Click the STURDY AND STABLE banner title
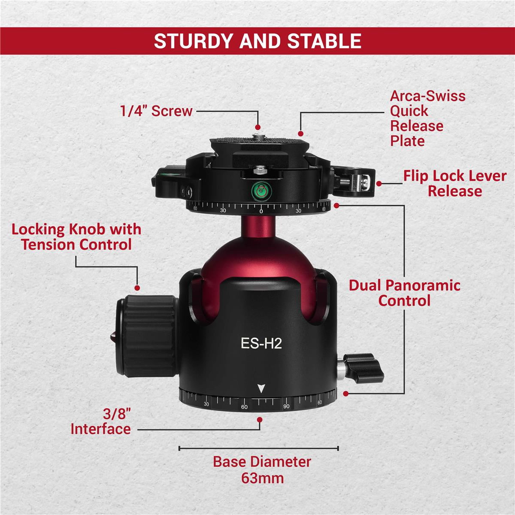[257, 41]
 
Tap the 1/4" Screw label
[156, 111]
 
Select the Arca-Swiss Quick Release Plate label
[427, 118]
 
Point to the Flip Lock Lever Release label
[455, 183]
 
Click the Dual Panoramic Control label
[404, 293]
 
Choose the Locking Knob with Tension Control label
[76, 237]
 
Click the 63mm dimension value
[262, 478]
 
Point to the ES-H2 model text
[261, 343]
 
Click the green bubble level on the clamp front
[261, 191]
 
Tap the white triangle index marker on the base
[261, 388]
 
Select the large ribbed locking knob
[146, 336]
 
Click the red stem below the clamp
[258, 227]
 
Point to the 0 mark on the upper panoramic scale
[261, 211]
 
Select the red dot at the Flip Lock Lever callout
[379, 184]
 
